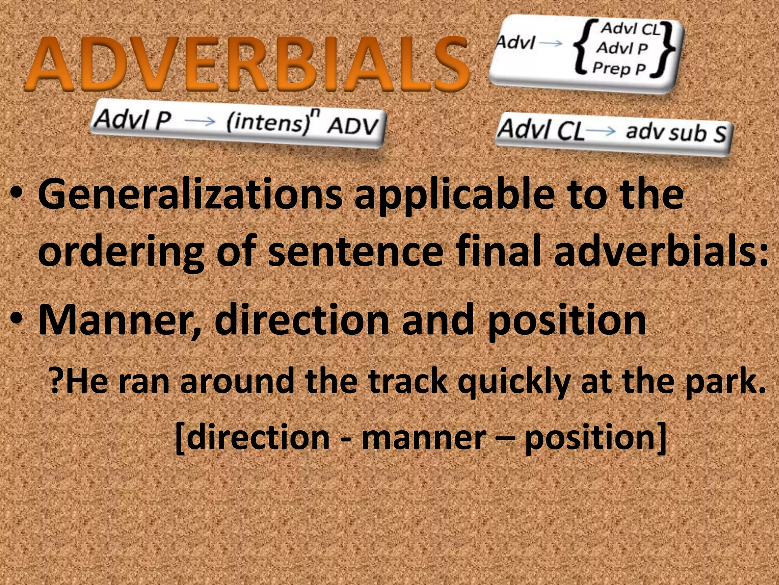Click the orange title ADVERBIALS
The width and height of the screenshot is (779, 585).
pyautogui.click(x=247, y=64)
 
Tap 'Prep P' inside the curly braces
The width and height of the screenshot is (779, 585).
pyautogui.click(x=619, y=69)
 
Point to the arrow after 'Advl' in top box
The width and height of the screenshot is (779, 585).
pyautogui.click(x=550, y=43)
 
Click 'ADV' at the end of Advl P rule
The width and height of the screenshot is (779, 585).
pyautogui.click(x=353, y=126)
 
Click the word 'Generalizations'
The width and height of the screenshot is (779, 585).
pyautogui.click(x=190, y=195)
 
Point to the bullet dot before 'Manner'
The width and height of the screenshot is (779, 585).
pyautogui.click(x=17, y=318)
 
